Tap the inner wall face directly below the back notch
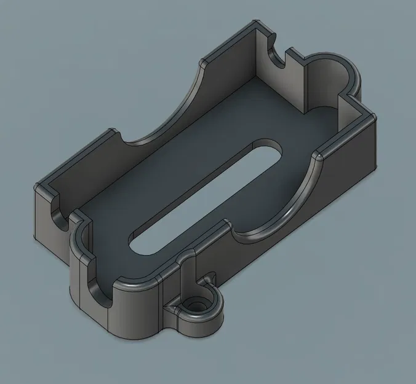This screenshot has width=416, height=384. [283, 86]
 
